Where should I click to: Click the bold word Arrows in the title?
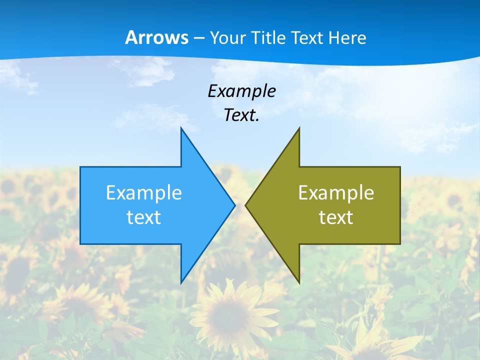pyautogui.click(x=156, y=37)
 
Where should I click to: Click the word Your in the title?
pyautogui.click(x=227, y=38)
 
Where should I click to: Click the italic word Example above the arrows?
pyautogui.click(x=241, y=91)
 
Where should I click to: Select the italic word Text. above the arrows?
pyautogui.click(x=241, y=115)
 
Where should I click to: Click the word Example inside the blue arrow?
pyautogui.click(x=144, y=192)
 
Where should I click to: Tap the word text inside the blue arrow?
pyautogui.click(x=144, y=217)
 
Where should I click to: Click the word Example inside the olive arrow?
pyautogui.click(x=336, y=192)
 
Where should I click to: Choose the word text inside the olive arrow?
pyautogui.click(x=336, y=217)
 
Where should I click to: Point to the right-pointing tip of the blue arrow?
pyautogui.click(x=234, y=205)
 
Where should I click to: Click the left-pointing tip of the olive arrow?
pyautogui.click(x=246, y=205)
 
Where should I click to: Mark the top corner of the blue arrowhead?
pyautogui.click(x=181, y=128)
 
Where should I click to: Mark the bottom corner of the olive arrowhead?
pyautogui.click(x=299, y=282)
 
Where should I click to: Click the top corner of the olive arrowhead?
pyautogui.click(x=299, y=128)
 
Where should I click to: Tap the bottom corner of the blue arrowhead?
pyautogui.click(x=181, y=282)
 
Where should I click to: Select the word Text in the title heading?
pyautogui.click(x=307, y=38)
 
